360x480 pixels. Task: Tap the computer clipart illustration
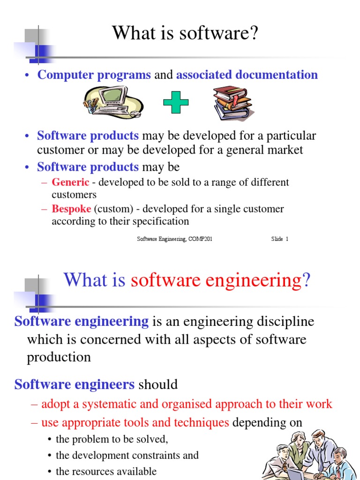coord(112,102)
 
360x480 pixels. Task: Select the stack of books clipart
coord(232,103)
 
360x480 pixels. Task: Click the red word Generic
coord(70,182)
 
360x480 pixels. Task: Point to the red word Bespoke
coord(71,209)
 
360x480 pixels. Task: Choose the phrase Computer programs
coord(94,75)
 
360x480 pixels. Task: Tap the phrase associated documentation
coord(247,75)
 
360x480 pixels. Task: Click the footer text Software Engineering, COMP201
coord(174,239)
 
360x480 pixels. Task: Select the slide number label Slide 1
coord(279,239)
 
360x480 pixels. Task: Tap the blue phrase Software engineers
coord(75,385)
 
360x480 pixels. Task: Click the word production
coord(59,357)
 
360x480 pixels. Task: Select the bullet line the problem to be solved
coord(112,439)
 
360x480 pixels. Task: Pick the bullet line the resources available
coord(106,471)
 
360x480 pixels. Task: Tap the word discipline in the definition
coord(281,322)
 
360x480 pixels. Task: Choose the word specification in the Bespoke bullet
coord(160,221)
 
